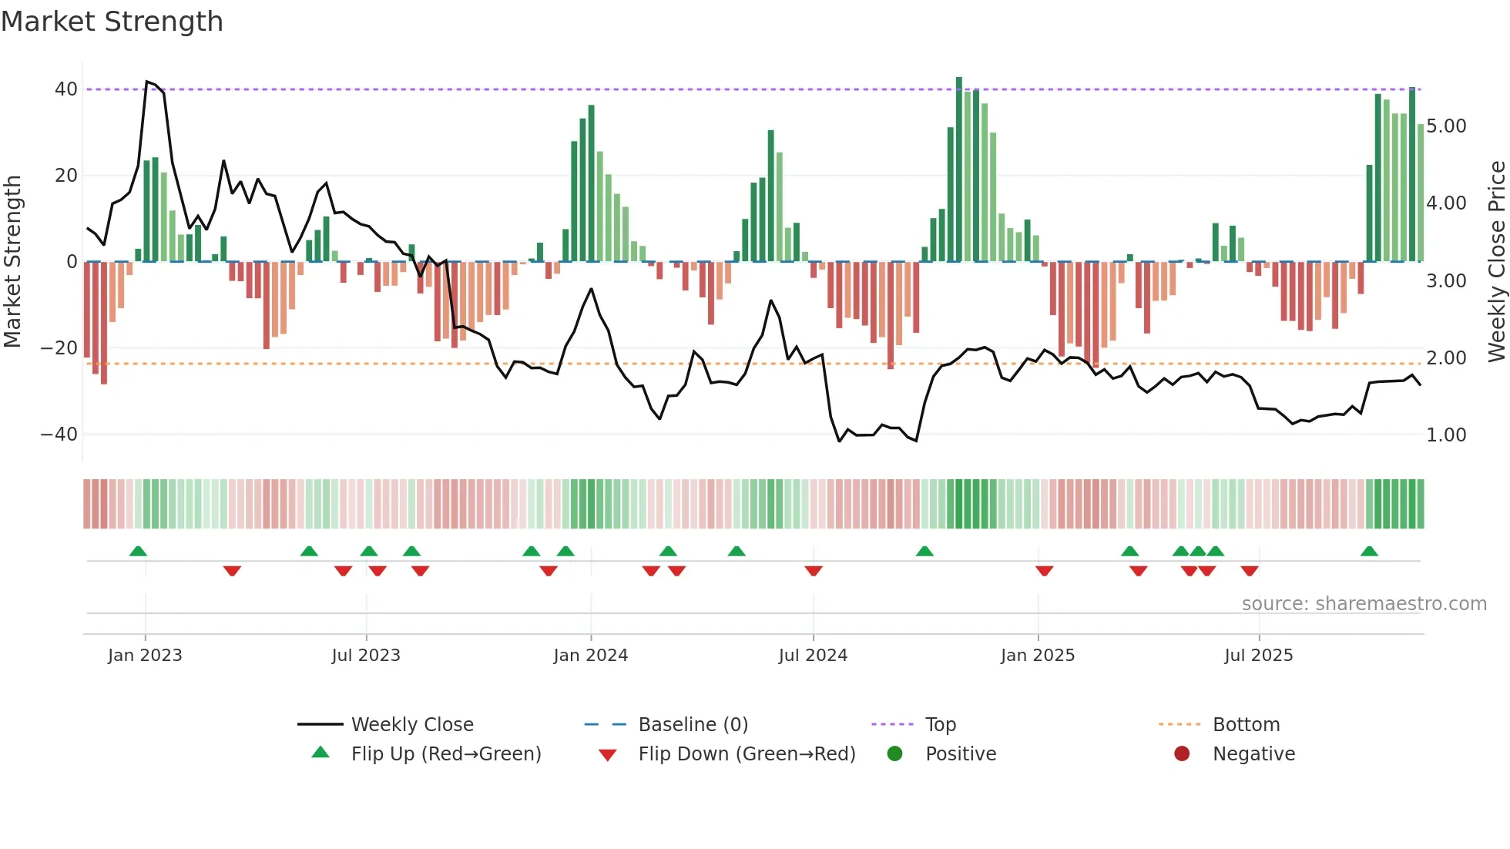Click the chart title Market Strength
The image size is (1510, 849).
pyautogui.click(x=112, y=22)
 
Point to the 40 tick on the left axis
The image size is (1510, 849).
pyautogui.click(x=66, y=89)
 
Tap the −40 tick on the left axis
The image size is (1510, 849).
pyautogui.click(x=59, y=435)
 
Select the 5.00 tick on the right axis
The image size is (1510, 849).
pyautogui.click(x=1446, y=126)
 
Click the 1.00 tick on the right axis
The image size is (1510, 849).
pyautogui.click(x=1446, y=435)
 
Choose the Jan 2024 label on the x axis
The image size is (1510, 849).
pyautogui.click(x=590, y=656)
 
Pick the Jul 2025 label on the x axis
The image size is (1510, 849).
pyautogui.click(x=1258, y=656)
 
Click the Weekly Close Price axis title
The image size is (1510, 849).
pyautogui.click(x=1496, y=261)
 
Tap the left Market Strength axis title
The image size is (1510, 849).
pyautogui.click(x=12, y=261)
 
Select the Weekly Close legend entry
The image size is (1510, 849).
pyautogui.click(x=411, y=725)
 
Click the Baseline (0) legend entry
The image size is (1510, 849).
pyautogui.click(x=693, y=725)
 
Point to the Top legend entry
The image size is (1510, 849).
pyautogui.click(x=940, y=725)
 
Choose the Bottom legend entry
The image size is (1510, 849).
pyautogui.click(x=1246, y=725)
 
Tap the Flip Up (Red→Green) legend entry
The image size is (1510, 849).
pyautogui.click(x=445, y=754)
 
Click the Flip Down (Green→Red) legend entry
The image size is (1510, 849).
pyautogui.click(x=746, y=754)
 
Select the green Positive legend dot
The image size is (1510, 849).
pyautogui.click(x=894, y=754)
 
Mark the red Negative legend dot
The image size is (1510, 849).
pyautogui.click(x=1182, y=754)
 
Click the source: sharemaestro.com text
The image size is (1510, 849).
pyautogui.click(x=1364, y=604)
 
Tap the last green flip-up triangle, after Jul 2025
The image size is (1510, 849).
pyautogui.click(x=1369, y=552)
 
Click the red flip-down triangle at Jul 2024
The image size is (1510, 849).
pyautogui.click(x=814, y=571)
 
